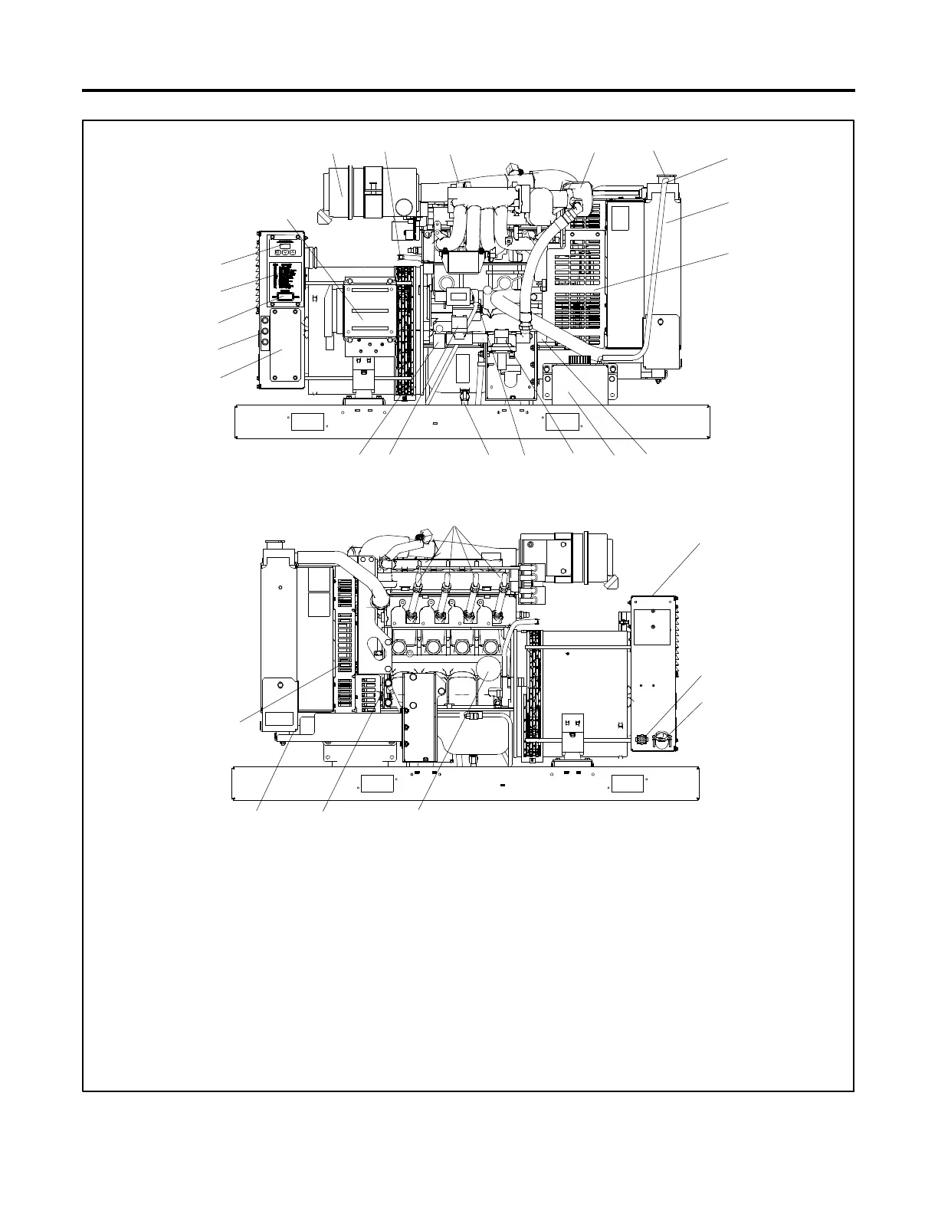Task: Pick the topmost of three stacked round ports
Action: click(266, 323)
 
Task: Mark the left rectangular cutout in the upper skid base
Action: click(307, 421)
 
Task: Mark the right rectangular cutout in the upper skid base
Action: click(562, 421)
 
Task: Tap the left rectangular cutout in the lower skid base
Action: click(377, 783)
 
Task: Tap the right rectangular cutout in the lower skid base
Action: click(628, 783)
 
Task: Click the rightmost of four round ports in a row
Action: click(488, 648)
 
